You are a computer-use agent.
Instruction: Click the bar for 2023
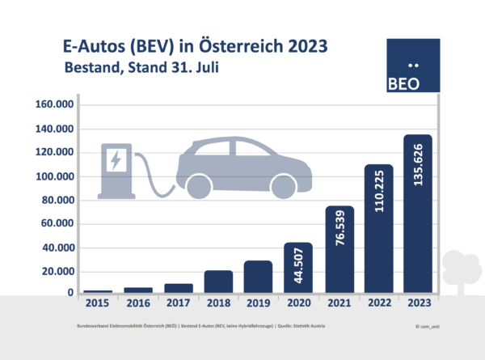(418, 214)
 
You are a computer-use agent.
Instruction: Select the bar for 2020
(298, 268)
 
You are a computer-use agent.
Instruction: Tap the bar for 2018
(218, 281)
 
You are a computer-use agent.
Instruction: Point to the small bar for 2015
(98, 290)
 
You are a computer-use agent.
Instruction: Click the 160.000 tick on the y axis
(55, 105)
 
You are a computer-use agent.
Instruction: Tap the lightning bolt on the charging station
(116, 159)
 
